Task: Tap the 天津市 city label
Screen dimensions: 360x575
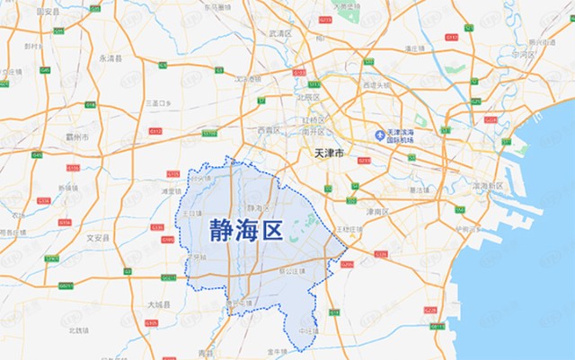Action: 328,154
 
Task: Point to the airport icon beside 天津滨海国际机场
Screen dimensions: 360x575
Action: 380,135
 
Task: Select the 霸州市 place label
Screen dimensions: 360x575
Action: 78,136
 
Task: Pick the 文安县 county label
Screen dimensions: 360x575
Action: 97,238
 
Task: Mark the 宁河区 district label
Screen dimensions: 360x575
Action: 521,54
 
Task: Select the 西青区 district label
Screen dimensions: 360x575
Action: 269,130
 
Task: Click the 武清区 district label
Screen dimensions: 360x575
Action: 281,32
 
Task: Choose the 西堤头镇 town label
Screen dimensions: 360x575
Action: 376,85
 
